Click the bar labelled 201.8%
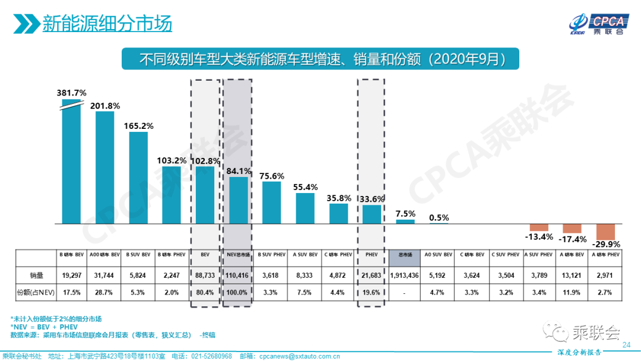pos(105,167)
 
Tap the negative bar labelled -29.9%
pos(606,231)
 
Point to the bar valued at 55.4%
pos(305,207)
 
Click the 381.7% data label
pos(72,93)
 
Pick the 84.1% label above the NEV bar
pos(239,171)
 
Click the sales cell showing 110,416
pos(239,275)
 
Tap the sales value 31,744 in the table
pos(105,275)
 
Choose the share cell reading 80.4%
pos(205,292)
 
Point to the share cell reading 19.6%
pos(372,292)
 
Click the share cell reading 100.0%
pos(239,292)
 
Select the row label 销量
pos(37,275)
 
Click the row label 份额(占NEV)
pos(37,292)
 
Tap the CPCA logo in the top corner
pos(596,24)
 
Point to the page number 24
pos(626,345)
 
